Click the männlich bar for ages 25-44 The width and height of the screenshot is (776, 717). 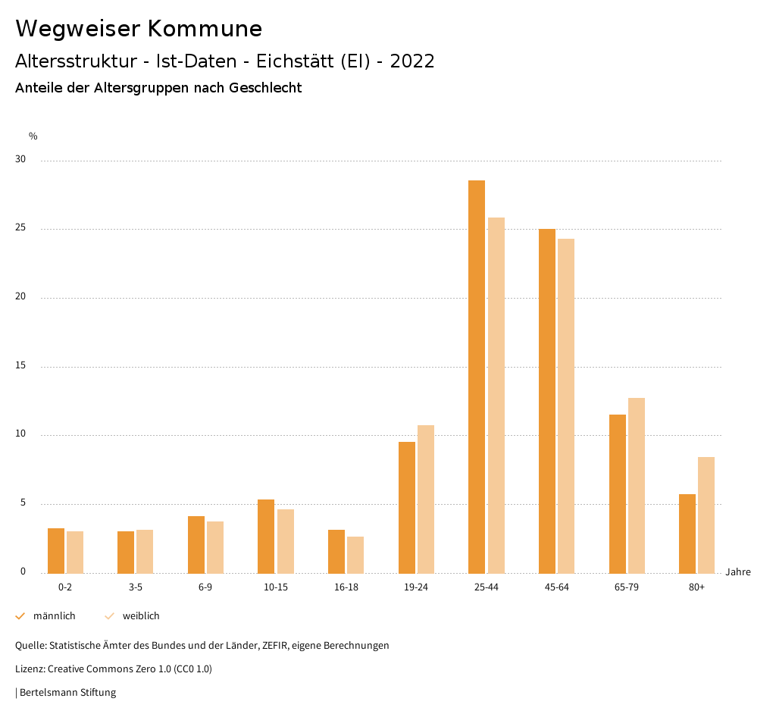point(477,377)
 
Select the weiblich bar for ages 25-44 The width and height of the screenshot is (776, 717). point(496,395)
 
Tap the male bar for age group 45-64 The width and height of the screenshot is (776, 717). point(547,401)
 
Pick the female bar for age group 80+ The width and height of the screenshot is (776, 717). point(706,515)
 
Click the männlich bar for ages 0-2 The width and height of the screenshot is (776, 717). point(56,550)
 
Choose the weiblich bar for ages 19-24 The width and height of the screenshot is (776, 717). point(426,499)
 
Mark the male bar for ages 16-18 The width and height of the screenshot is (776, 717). point(336,551)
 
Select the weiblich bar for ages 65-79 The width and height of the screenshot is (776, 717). point(637,485)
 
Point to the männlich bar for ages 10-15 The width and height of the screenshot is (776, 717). point(266,536)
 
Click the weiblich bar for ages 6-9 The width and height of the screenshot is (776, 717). point(215,547)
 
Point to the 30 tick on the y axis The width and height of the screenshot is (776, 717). point(20,160)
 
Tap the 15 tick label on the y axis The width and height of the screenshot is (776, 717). point(20,366)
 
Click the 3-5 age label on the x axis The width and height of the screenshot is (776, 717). point(136,587)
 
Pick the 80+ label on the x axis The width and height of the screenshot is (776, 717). point(697,587)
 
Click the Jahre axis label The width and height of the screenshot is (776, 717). point(738,572)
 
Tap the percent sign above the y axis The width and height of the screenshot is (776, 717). point(33,136)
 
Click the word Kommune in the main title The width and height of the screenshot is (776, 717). point(205,29)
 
